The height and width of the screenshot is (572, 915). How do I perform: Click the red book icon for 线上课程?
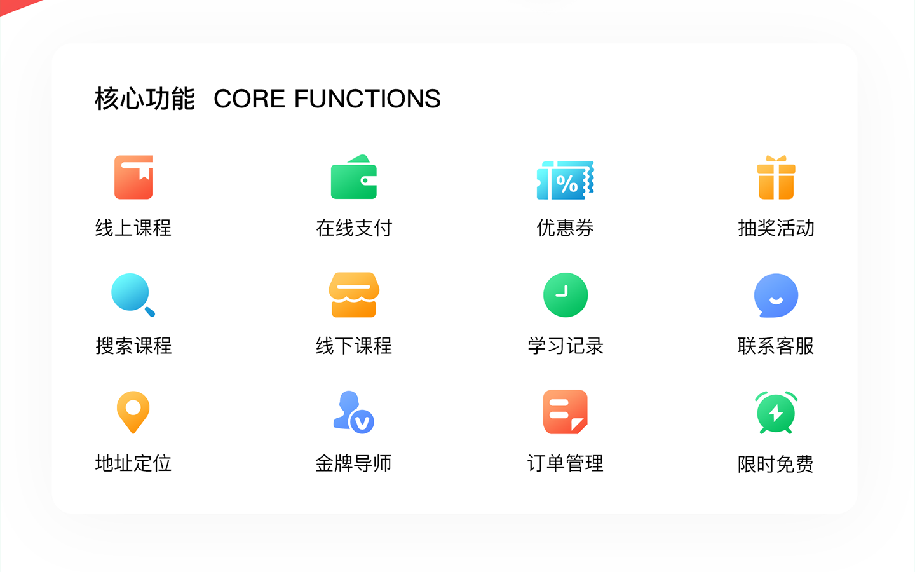133,177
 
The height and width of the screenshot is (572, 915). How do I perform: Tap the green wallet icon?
354,177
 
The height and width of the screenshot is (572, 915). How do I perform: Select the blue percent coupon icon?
565,180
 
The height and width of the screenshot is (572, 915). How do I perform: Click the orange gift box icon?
776,177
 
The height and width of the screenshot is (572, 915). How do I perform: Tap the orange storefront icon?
354,295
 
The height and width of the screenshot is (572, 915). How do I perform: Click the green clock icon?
566,295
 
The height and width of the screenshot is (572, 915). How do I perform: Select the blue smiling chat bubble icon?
776,295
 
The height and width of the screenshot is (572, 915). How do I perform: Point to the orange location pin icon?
133,412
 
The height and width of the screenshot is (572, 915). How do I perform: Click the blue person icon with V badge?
354,412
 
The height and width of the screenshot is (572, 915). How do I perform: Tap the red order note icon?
566,412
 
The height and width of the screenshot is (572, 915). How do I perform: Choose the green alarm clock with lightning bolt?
776,412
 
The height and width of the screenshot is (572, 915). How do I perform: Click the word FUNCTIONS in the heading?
367,99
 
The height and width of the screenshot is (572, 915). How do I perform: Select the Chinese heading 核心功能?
145,99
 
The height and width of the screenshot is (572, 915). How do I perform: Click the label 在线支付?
354,228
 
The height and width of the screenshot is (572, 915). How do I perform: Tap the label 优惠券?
565,228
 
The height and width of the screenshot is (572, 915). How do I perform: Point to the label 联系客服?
776,346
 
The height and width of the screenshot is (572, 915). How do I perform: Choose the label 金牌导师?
354,463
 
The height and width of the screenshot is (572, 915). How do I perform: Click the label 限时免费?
776,464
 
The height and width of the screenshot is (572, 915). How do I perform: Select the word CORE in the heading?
249,99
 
